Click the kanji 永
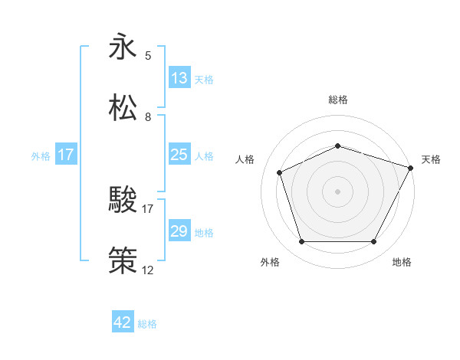123,47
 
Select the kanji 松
123,108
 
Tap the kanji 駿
123,201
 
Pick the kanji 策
123,261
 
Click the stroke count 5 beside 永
148,55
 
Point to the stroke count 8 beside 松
148,117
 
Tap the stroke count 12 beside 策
148,270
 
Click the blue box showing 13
179,78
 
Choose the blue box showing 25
179,155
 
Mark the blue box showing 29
179,231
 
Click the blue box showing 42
123,322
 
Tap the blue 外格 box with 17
66,155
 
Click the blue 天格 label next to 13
204,79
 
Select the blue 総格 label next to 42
147,323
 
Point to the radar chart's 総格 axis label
338,100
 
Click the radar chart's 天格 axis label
431,159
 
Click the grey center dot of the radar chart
338,191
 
